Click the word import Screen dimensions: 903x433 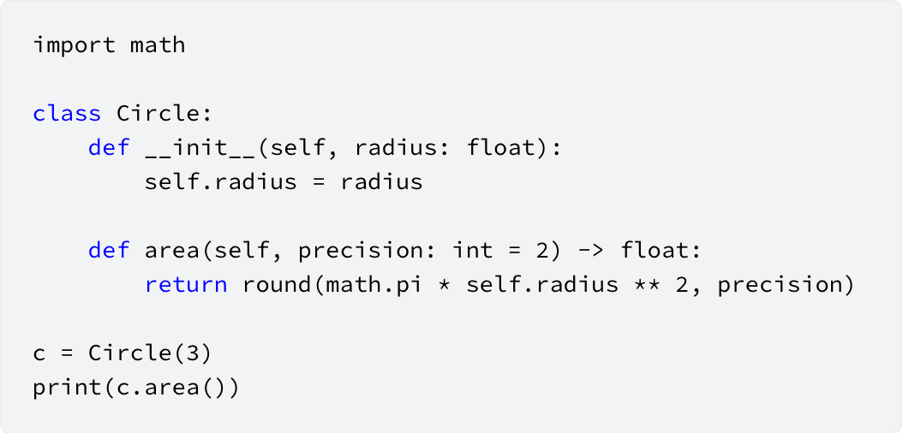pos(75,44)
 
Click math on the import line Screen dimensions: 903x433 pos(158,44)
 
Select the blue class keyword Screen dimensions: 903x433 pos(67,113)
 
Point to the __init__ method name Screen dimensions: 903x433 pos(200,148)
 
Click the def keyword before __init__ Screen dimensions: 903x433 pos(109,148)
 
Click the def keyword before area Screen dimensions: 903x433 pos(109,250)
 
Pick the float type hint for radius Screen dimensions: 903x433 pos(502,148)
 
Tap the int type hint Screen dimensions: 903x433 pos(474,250)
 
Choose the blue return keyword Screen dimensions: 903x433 pos(186,285)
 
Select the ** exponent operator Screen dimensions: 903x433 pos(648,283)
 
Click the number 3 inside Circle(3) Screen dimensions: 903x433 pos(192,353)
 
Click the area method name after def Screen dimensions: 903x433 pos(172,252)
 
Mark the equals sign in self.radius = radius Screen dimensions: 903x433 pos(319,182)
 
